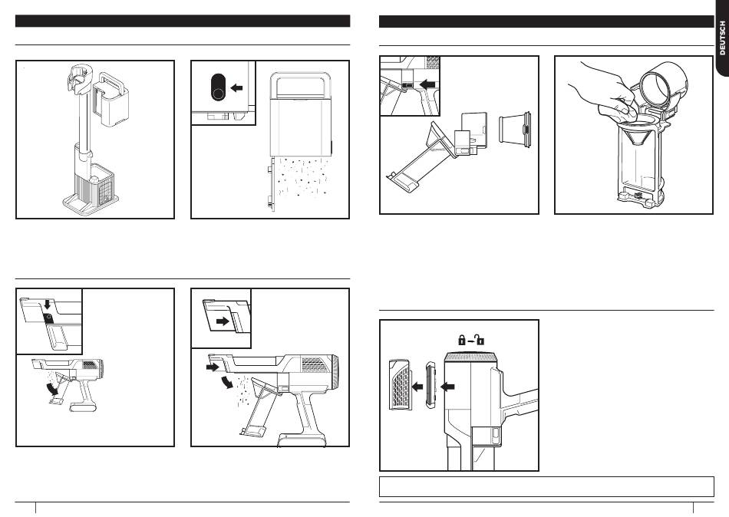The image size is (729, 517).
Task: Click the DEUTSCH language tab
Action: (x=722, y=38)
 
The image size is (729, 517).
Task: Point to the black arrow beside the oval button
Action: (x=238, y=88)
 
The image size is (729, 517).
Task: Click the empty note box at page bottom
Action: (x=546, y=486)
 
